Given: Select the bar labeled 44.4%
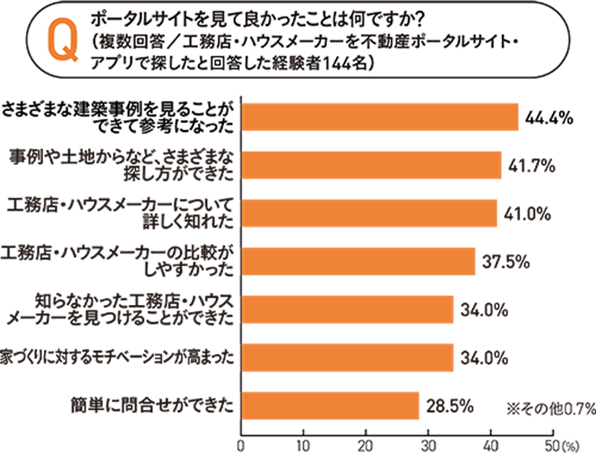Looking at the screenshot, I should pyautogui.click(x=379, y=117).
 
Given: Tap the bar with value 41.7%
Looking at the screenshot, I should pyautogui.click(x=370, y=165).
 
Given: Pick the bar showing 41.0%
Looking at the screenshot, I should pyautogui.click(x=368, y=213).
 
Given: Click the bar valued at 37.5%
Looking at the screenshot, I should pyautogui.click(x=358, y=261).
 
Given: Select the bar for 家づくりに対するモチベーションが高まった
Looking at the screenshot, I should pyautogui.click(x=346, y=358).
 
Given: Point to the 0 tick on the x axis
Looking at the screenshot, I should pyautogui.click(x=241, y=445).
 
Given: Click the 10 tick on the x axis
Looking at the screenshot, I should pyautogui.click(x=303, y=445).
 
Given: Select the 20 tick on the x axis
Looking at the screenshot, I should pyautogui.click(x=366, y=445).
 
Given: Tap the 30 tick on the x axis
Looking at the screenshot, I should pyautogui.click(x=428, y=445).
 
